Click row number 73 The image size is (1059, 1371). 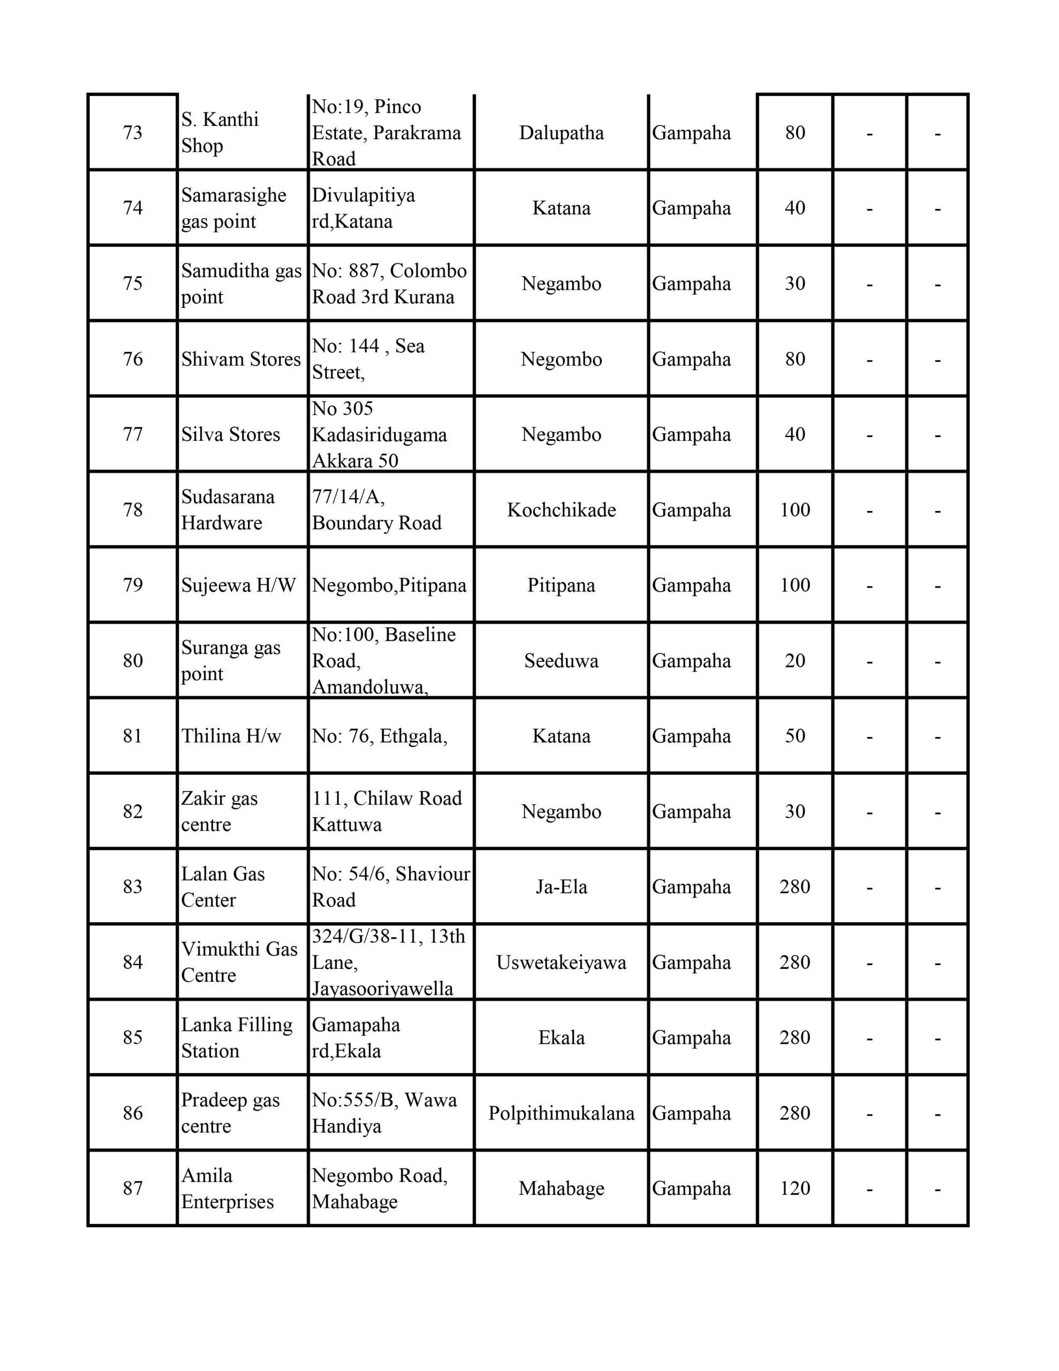coord(132,132)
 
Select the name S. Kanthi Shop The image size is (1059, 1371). coord(220,132)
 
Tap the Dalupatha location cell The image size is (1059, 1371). coord(561,132)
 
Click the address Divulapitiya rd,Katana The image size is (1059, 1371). coord(364,208)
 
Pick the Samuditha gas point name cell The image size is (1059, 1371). coord(241,283)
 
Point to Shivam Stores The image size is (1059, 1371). coord(241,359)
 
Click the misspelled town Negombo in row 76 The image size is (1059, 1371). coord(561,359)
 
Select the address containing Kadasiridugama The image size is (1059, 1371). coord(379,434)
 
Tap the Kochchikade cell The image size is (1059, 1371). coord(561,510)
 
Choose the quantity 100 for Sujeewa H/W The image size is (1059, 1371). coord(795,585)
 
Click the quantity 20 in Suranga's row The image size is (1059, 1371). coord(795,660)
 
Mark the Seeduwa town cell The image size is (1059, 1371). coord(561,660)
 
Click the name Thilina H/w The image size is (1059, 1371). coord(231,736)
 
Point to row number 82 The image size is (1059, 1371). coord(132,811)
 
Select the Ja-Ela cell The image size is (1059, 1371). coord(561,886)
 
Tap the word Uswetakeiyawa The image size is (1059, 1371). coord(561,962)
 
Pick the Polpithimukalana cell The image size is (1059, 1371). coord(561,1113)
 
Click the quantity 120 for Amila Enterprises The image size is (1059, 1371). coord(795,1188)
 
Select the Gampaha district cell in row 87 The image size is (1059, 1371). coord(691,1188)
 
